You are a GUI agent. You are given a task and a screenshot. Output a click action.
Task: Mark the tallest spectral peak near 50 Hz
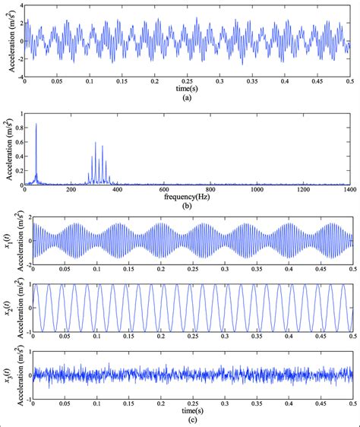pyautogui.click(x=36, y=124)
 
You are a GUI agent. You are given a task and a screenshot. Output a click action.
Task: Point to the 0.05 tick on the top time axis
pyautogui.click(x=58, y=82)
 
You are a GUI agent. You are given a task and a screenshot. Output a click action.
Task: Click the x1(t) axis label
pyautogui.click(x=5, y=240)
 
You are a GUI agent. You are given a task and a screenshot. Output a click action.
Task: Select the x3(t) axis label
pyautogui.click(x=5, y=374)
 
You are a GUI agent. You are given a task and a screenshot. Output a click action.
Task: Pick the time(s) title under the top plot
pyautogui.click(x=188, y=89)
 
